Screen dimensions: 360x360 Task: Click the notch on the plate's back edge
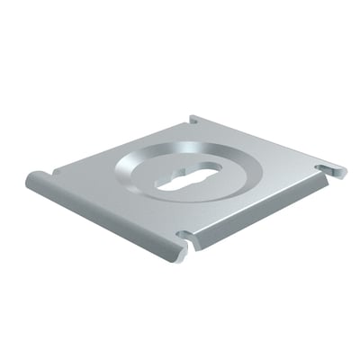195,119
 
